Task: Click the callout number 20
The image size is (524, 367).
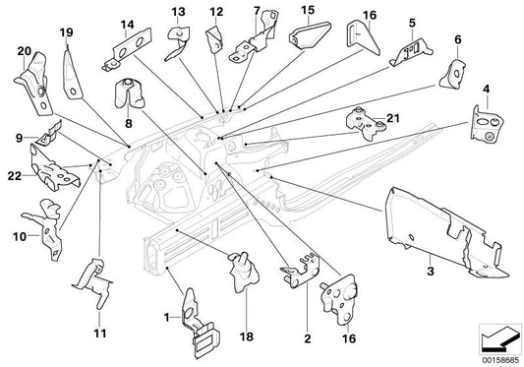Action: (23, 47)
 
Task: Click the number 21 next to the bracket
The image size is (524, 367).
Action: (394, 120)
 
